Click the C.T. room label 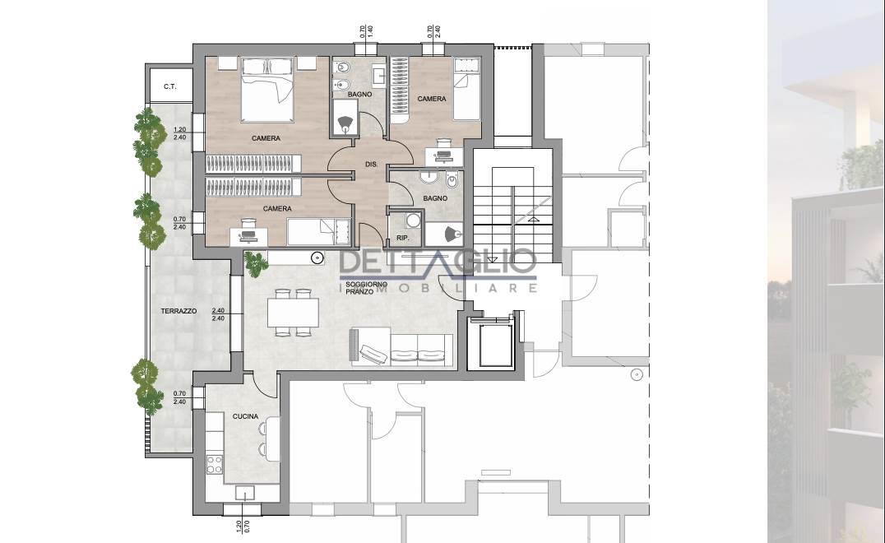(170, 87)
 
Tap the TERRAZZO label (179, 311)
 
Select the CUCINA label (246, 416)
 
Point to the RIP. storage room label (402, 239)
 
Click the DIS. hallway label (372, 165)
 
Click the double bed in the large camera (267, 90)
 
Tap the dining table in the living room (293, 312)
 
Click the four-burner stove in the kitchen (215, 465)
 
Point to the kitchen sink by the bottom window (246, 493)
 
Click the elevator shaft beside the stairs (491, 344)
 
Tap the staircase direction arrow (533, 219)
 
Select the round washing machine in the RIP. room (415, 220)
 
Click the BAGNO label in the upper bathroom (360, 95)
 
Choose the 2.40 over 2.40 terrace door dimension (219, 314)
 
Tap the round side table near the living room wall (317, 258)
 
